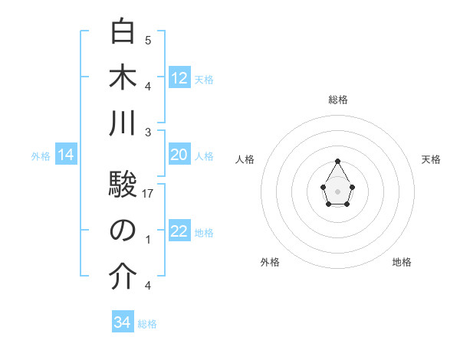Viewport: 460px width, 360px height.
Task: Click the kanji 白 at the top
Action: coord(123,33)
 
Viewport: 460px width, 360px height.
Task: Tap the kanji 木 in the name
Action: coord(123,78)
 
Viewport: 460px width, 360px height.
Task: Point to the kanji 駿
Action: coord(123,185)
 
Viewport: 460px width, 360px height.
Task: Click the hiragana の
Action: coord(123,231)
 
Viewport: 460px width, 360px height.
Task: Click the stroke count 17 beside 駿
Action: coord(148,194)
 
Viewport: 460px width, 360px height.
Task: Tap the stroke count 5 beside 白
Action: coord(148,40)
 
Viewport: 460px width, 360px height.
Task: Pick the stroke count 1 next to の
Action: coord(148,240)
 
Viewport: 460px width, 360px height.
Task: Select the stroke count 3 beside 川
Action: coord(148,132)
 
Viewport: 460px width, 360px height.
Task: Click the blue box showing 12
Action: coord(179,78)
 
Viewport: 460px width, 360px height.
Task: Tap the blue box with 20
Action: coord(179,155)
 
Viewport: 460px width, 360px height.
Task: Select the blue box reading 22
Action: coord(179,232)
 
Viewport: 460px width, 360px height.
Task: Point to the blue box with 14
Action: coord(66,155)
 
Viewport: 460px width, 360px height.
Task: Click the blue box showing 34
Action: coord(123,323)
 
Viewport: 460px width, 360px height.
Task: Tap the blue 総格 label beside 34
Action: coord(147,324)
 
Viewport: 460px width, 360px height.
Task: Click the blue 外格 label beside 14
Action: coord(41,156)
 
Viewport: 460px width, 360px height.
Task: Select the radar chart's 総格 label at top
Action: coord(338,100)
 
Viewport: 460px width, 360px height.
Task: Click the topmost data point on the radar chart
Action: coord(338,161)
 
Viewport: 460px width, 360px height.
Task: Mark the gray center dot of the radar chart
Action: coord(338,191)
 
